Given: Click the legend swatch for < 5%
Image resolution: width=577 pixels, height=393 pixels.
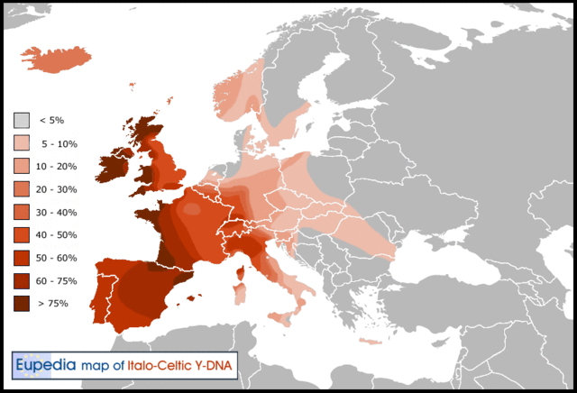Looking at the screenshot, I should click(x=22, y=120).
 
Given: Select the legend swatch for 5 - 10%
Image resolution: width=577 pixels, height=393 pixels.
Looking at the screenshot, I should click(x=22, y=143).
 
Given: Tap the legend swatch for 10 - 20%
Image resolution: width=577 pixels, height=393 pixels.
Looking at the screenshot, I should click(x=22, y=166).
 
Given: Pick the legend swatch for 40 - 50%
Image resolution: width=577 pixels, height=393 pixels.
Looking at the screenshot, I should click(x=22, y=235).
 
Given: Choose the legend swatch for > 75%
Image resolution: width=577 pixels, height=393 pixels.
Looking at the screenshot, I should click(x=22, y=304).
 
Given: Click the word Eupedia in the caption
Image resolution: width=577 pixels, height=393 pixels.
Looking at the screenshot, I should click(x=43, y=365).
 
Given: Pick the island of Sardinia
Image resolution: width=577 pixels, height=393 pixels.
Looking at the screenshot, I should click(x=239, y=294).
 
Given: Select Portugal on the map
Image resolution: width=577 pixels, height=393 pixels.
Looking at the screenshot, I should click(x=100, y=289).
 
